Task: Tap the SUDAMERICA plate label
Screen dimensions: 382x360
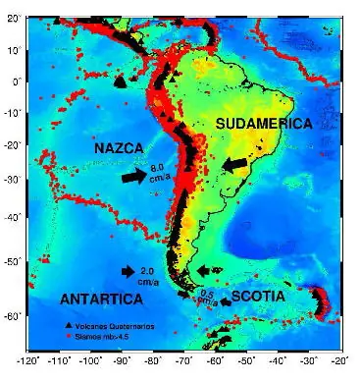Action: pos(262,124)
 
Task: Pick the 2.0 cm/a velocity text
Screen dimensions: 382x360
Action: pos(149,273)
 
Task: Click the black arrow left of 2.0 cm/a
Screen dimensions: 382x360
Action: pos(128,271)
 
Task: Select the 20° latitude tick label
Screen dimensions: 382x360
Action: pos(13,20)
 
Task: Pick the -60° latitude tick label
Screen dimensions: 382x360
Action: pos(11,316)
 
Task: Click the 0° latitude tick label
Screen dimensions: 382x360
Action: pos(16,81)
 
